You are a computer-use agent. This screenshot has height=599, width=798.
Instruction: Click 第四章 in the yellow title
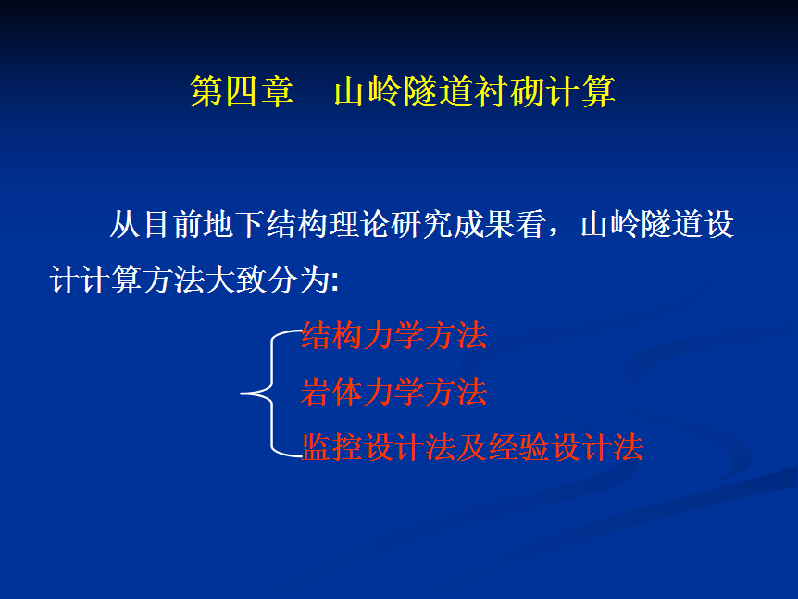tap(242, 92)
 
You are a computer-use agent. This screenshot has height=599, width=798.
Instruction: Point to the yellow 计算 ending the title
tap(580, 92)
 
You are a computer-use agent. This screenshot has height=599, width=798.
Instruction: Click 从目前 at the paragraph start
tap(156, 224)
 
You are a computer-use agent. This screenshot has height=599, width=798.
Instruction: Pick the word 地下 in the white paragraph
tap(234, 224)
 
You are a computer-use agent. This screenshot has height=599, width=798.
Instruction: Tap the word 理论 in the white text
tap(360, 224)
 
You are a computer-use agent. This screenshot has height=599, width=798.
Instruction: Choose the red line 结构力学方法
tap(394, 335)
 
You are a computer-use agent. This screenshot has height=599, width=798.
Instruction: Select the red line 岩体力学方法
tap(394, 392)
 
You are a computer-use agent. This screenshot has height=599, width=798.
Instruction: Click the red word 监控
tap(332, 447)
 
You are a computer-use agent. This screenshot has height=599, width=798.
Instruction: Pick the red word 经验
tap(519, 447)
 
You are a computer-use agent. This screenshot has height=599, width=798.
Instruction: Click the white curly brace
tap(273, 393)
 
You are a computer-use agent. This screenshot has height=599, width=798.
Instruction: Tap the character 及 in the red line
tap(472, 447)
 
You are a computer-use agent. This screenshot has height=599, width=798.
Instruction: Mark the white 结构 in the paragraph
tap(297, 224)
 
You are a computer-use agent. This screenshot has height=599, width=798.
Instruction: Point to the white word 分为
tap(299, 280)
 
